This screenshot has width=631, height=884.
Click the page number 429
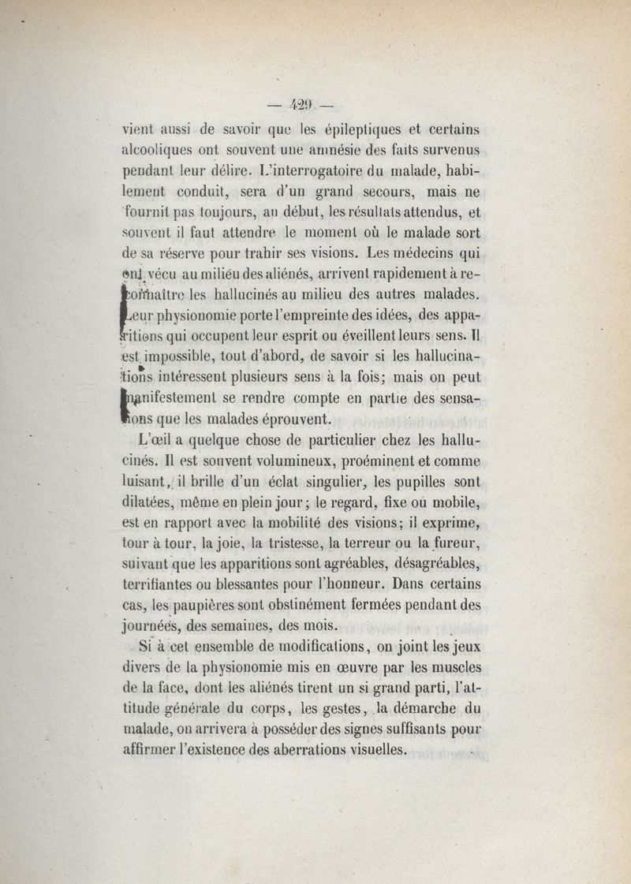(302, 103)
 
